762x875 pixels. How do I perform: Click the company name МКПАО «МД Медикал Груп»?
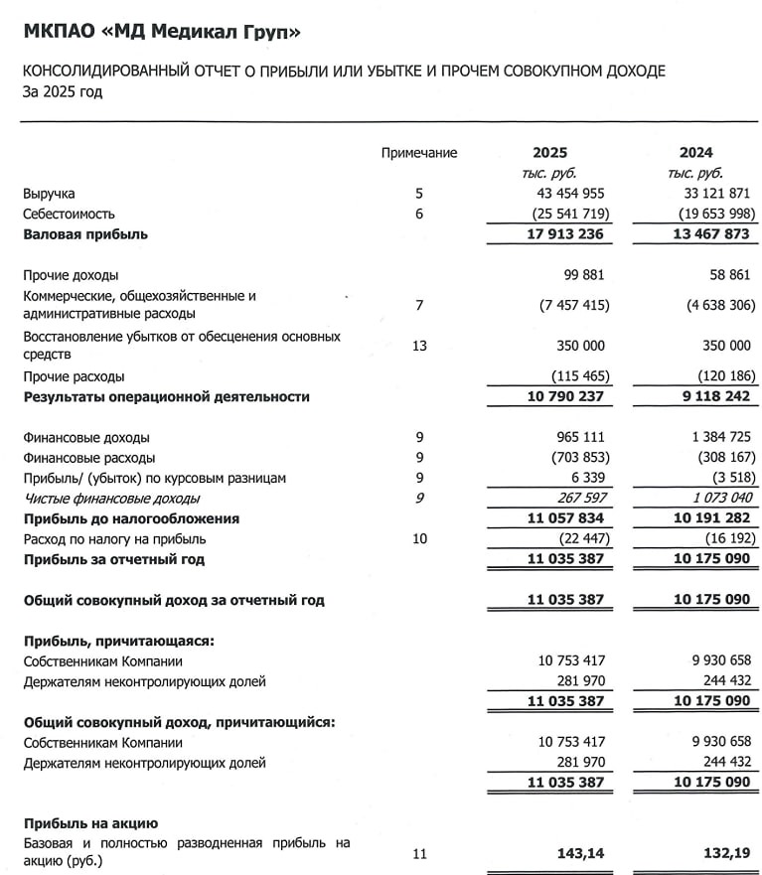pyautogui.click(x=162, y=33)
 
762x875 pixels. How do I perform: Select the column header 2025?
pyautogui.click(x=549, y=153)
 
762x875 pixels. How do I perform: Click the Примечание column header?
pyautogui.click(x=419, y=153)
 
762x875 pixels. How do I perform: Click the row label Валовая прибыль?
pyautogui.click(x=85, y=234)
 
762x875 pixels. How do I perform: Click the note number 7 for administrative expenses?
pyautogui.click(x=419, y=305)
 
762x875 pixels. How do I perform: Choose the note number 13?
pyautogui.click(x=419, y=346)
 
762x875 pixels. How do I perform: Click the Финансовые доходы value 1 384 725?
pyautogui.click(x=717, y=438)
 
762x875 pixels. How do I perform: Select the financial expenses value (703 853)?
pyautogui.click(x=572, y=458)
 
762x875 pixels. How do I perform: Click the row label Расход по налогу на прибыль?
pyautogui.click(x=114, y=539)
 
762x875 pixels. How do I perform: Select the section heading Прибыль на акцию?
pyautogui.click(x=90, y=823)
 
